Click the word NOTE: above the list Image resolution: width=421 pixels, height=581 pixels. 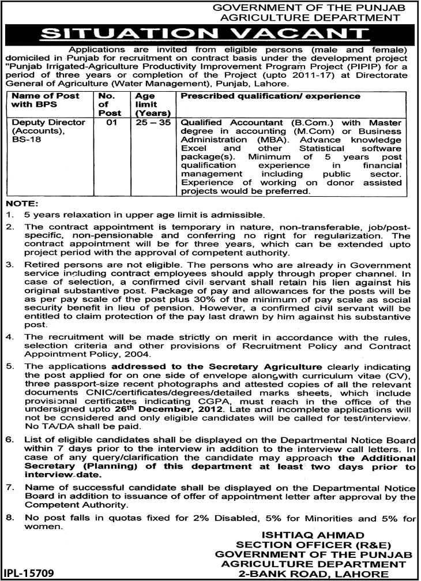coord(21,204)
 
